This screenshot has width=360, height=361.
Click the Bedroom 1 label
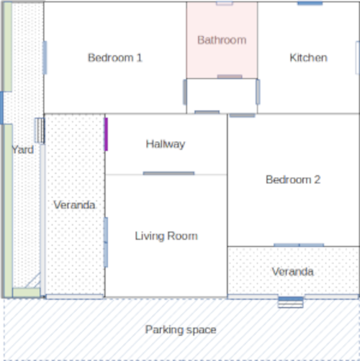tap(115, 58)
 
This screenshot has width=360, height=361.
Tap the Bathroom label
tap(222, 40)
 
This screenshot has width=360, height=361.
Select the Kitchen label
tap(308, 58)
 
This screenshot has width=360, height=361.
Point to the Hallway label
tap(166, 145)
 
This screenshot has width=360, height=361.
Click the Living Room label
tap(166, 236)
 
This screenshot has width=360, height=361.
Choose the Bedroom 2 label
tap(293, 180)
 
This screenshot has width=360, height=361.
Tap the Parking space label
tap(181, 330)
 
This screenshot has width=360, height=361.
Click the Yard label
tap(23, 150)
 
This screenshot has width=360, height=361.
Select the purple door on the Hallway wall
tap(106, 134)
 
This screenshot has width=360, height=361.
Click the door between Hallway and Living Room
tap(168, 173)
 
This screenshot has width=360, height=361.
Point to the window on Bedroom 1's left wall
tap(45, 58)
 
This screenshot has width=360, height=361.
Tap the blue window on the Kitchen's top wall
tap(310, 3)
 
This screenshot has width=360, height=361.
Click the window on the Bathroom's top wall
tap(225, 4)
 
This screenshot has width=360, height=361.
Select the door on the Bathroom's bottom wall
tap(230, 77)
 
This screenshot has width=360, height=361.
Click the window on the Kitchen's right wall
tap(358, 58)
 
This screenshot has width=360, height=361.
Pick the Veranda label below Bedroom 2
tap(292, 272)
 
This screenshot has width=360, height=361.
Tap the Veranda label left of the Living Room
tap(74, 205)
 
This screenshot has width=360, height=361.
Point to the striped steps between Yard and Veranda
tap(40, 131)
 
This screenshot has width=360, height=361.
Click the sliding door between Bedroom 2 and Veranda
tap(299, 245)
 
